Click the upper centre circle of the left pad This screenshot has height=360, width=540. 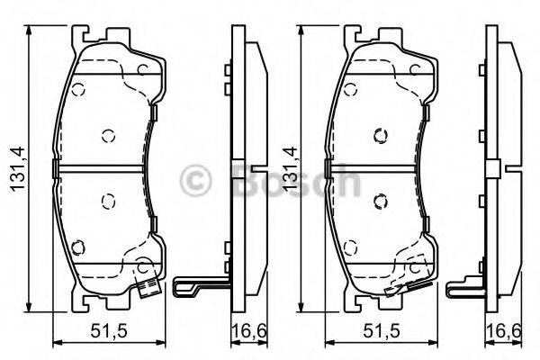coord(108,136)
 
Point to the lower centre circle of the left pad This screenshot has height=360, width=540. coord(108,201)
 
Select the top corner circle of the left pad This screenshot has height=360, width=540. coord(78,90)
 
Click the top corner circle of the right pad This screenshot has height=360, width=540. coord(349,90)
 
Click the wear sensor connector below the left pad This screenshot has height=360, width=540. coord(148,290)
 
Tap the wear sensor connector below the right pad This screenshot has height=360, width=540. coord(394,290)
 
